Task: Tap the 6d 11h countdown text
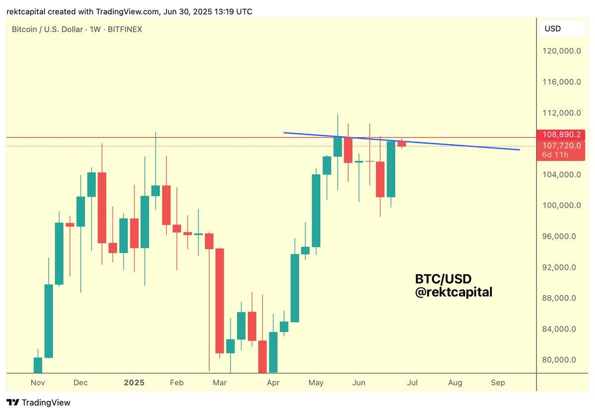tap(555, 155)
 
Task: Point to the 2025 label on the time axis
tap(134, 383)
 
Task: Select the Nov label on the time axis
tap(38, 383)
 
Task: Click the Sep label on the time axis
tap(498, 383)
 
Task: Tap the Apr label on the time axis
tap(273, 383)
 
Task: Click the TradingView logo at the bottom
tap(38, 403)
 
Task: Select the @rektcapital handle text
tap(454, 293)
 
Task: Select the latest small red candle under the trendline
tap(402, 144)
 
